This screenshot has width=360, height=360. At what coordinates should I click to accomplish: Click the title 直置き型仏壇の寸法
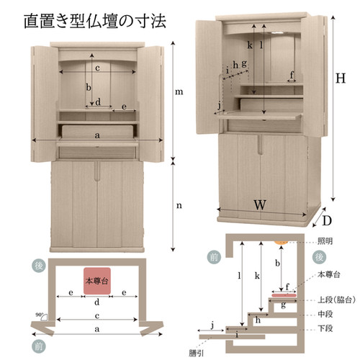click(x=95, y=21)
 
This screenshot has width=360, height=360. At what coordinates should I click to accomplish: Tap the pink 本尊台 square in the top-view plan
click(x=97, y=281)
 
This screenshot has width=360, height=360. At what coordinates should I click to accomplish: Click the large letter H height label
click(x=341, y=78)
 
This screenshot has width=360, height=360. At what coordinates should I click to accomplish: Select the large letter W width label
click(x=260, y=204)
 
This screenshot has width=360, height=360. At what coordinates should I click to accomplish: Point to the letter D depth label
click(x=327, y=221)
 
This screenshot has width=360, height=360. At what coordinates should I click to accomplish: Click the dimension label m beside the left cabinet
click(x=179, y=92)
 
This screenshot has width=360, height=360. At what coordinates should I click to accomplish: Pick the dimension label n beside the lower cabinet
click(x=179, y=206)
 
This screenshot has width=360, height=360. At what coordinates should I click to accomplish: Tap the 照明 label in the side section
click(x=325, y=241)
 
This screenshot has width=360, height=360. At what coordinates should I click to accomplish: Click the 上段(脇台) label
click(x=336, y=300)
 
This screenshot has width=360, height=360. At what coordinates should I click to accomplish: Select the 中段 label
click(x=325, y=314)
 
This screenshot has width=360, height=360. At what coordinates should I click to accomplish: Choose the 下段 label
click(x=325, y=328)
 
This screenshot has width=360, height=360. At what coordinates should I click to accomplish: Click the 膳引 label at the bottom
click(x=197, y=354)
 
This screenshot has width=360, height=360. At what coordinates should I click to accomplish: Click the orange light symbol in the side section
click(x=281, y=242)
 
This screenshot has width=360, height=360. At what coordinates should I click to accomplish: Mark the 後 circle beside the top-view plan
click(x=38, y=266)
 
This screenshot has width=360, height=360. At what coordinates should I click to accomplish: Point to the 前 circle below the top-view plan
click(x=38, y=346)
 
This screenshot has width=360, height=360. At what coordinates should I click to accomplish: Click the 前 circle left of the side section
click(x=214, y=258)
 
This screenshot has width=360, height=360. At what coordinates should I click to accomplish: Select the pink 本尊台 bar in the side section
click(x=284, y=294)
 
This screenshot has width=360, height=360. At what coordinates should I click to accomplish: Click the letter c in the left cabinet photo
click(x=97, y=68)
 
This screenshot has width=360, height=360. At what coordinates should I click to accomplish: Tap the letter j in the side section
click(x=212, y=325)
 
